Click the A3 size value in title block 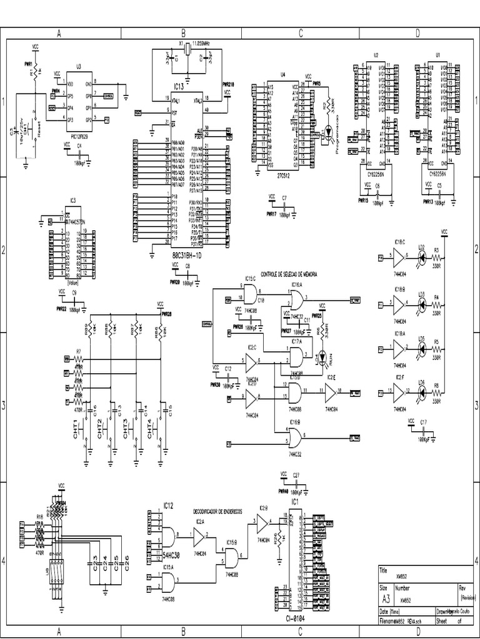pyautogui.click(x=386, y=598)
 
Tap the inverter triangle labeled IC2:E pyautogui.click(x=331, y=393)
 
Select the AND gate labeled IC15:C pyautogui.click(x=251, y=294)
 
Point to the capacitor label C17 pyautogui.click(x=423, y=422)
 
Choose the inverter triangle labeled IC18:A pyautogui.click(x=398, y=349)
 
